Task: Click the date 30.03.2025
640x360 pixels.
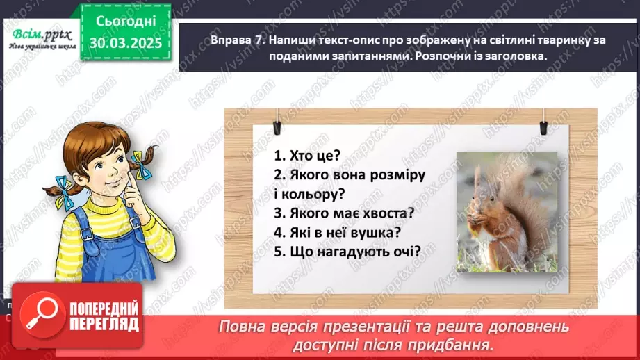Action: pyautogui.click(x=125, y=43)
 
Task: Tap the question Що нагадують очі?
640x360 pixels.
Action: pyautogui.click(x=347, y=252)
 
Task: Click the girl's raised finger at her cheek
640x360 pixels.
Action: pyautogui.click(x=129, y=184)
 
